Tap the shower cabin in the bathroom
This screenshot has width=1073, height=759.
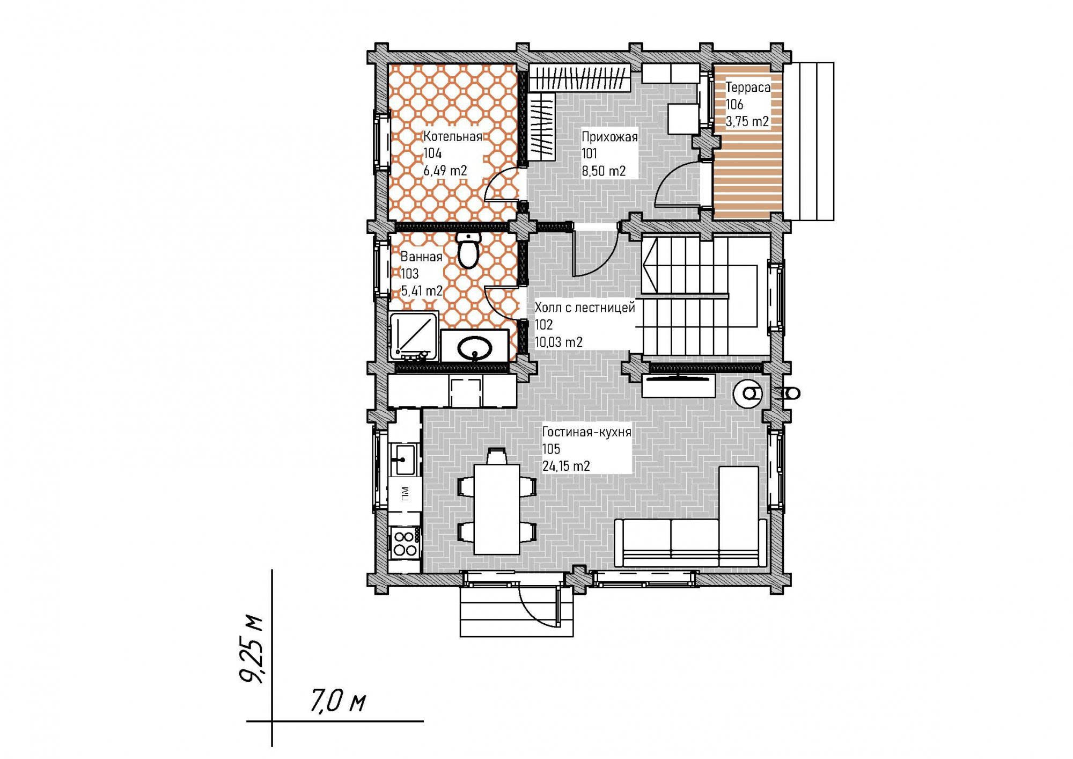coord(414,337)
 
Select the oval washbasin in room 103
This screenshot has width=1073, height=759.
coord(474,348)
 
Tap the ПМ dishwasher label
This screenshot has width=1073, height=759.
coord(405,493)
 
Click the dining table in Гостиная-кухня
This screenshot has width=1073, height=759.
coord(497,509)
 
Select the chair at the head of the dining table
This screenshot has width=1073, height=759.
coord(496,456)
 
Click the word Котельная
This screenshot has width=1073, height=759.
coord(453,136)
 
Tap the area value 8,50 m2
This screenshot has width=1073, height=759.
coord(604,171)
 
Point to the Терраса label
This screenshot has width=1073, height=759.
coord(748,87)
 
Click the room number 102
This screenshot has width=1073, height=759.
coord(543,324)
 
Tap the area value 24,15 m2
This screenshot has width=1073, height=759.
coord(566,466)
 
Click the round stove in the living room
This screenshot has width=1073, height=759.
coord(748,393)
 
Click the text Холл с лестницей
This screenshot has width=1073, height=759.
coord(585,307)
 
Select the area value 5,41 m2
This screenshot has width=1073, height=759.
coord(422,290)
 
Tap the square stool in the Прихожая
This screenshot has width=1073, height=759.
coord(683,118)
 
